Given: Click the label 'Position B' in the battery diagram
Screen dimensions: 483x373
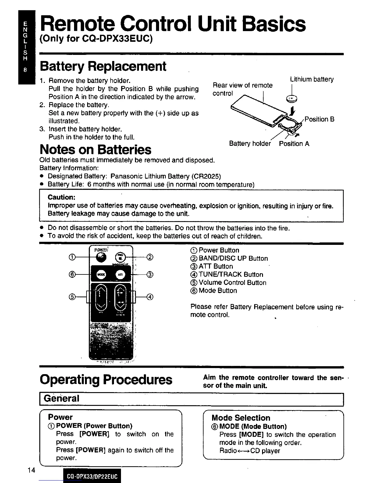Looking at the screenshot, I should point(319,119).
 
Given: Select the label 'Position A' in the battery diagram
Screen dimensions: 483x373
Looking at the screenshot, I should point(294,144).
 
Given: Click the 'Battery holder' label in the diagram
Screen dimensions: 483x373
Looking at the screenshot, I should point(250,144).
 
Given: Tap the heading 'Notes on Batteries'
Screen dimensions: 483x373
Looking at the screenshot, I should point(95,150).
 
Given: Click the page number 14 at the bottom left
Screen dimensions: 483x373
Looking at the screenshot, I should point(31,470).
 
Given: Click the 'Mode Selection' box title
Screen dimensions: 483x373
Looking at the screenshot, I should point(241,418).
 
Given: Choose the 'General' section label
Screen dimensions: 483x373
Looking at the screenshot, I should point(62,399).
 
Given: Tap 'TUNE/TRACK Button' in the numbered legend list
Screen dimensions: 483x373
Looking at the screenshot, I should point(231,274).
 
